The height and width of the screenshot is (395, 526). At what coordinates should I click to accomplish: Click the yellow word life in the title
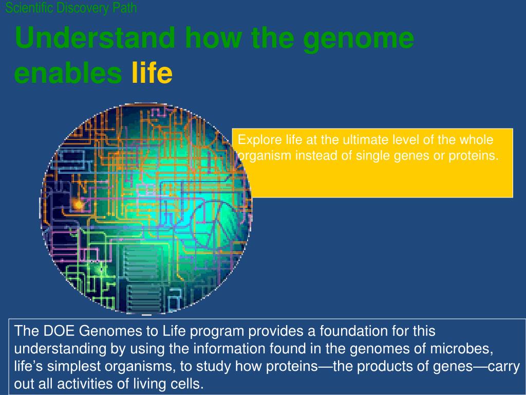(x=152, y=74)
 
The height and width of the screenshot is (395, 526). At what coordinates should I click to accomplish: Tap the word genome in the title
(x=358, y=39)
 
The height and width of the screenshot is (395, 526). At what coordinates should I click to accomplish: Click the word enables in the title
(x=68, y=74)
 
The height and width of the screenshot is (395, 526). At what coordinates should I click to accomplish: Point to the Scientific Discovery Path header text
(x=71, y=8)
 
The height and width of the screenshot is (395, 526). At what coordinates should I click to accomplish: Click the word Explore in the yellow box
(x=256, y=140)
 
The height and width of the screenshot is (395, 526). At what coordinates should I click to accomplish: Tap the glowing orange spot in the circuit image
(x=79, y=205)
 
